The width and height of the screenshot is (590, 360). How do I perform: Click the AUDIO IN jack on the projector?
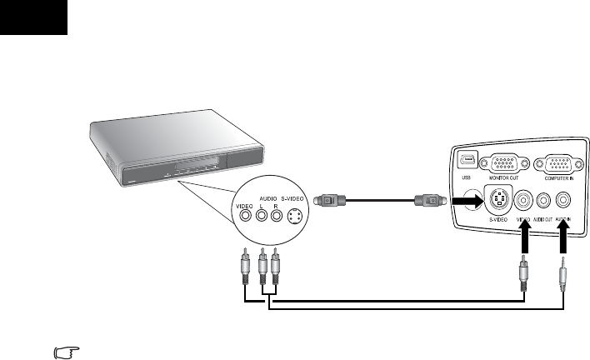click(x=564, y=200)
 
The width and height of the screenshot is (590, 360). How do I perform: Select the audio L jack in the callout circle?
click(x=262, y=214)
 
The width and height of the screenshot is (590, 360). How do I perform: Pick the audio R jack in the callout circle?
click(x=277, y=214)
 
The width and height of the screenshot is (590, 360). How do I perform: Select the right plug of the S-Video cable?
click(x=427, y=201)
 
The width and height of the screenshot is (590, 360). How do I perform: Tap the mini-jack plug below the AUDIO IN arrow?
click(x=564, y=275)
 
